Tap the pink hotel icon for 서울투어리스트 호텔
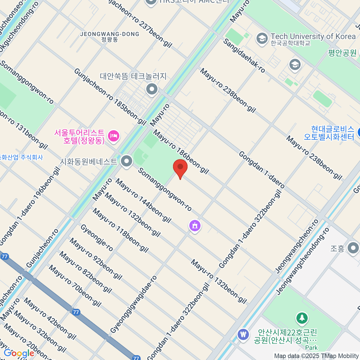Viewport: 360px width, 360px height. coord(114,136)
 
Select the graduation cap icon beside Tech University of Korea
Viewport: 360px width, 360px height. coord(262,39)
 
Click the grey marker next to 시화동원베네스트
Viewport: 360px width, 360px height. coord(127,161)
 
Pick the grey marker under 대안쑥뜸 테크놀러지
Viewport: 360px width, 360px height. coord(152,89)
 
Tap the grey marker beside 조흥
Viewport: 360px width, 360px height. coord(353,248)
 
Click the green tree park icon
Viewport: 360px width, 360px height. coord(302,318)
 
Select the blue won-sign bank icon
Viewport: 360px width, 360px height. coord(243,334)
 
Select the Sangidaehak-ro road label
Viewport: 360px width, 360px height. coord(244,56)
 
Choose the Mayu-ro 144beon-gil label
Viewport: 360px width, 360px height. coord(143,200)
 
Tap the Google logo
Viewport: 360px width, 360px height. coord(19,353)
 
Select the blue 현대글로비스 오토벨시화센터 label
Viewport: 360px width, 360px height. coord(329,133)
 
